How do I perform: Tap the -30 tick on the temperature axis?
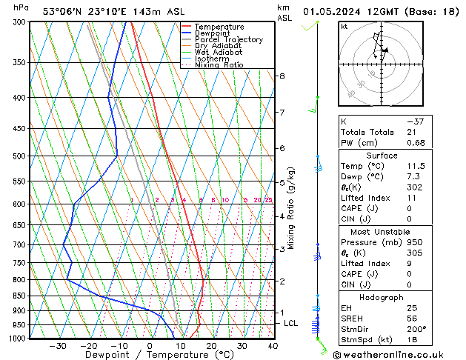pos(58,346)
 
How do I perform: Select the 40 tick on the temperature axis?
pos(273,346)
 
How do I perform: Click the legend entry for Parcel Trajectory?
pos(228,39)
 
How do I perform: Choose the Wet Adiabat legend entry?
pos(218,53)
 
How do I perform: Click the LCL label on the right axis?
pos(291,324)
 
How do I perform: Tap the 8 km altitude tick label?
pos(282,76)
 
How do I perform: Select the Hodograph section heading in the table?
pos(382,297)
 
